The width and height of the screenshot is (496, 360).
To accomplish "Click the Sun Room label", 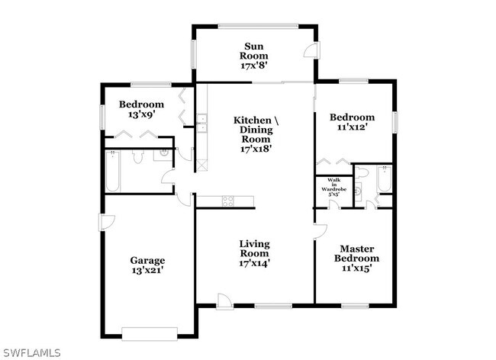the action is (x=253, y=51).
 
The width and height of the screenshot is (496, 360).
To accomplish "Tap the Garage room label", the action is (x=147, y=260).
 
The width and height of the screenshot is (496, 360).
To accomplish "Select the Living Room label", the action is (x=254, y=249).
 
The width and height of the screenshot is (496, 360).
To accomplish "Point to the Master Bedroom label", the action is (x=356, y=253).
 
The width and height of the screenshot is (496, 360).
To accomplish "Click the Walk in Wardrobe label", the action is (x=333, y=185).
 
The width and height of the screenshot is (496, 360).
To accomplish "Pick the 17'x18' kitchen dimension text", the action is (x=256, y=149).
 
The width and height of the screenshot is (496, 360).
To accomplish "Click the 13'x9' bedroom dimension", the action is (x=141, y=114).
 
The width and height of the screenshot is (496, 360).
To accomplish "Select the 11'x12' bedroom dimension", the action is (x=352, y=127).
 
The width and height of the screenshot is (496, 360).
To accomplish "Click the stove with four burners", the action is (x=228, y=201).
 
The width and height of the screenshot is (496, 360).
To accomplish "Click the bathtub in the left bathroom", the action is (x=113, y=171).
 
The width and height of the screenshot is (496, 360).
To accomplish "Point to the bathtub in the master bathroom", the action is (x=385, y=179).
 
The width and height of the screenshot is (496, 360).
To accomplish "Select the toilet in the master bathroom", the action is (x=362, y=172).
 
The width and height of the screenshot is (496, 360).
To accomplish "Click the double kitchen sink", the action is (x=201, y=123).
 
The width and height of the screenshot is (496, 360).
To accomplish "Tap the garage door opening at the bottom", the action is (x=150, y=334).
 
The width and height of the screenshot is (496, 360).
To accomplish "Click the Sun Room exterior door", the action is (x=311, y=50).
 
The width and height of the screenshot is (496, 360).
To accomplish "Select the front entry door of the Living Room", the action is (x=224, y=301).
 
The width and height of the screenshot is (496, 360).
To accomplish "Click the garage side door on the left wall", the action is (x=107, y=223).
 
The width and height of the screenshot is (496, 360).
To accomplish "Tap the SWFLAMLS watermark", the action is (x=31, y=352).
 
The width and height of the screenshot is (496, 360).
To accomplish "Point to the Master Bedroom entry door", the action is (x=320, y=231).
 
